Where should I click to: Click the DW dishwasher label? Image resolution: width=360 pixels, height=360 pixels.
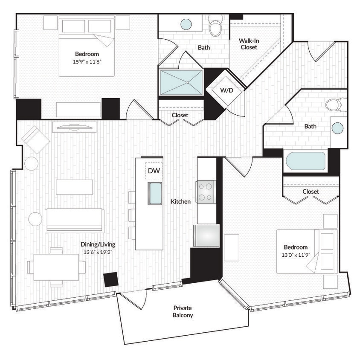pos(154,171)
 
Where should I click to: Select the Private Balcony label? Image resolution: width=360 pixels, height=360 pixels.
pos(183,311)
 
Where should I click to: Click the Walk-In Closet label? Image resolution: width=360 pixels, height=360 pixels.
pos(249,44)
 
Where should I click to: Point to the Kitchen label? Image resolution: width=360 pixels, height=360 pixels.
pos(180,201)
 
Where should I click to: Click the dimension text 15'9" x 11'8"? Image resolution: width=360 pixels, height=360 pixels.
pos(87,61)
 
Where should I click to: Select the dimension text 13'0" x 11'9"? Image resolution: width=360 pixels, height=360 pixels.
pos(296,255)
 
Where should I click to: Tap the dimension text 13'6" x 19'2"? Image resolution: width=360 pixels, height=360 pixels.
pos(98,252)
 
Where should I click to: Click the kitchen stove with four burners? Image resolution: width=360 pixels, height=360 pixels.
pos(206,191)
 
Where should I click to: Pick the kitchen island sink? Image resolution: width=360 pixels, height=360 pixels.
pos(155,193)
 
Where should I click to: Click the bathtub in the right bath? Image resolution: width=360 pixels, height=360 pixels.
pos(305,161)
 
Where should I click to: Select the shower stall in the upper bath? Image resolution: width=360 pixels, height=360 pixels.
pos(181,82)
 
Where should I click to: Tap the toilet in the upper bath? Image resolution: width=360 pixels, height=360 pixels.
pos(215,27)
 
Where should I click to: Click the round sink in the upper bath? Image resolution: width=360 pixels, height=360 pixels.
pos(186,24)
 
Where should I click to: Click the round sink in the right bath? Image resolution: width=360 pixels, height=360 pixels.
pos(337,128)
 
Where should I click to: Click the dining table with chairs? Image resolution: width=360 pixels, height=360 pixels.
pos(56,267)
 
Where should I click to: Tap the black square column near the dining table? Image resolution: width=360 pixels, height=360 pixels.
pos(111,279)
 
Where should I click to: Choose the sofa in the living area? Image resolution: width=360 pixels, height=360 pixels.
pos(75,220)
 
